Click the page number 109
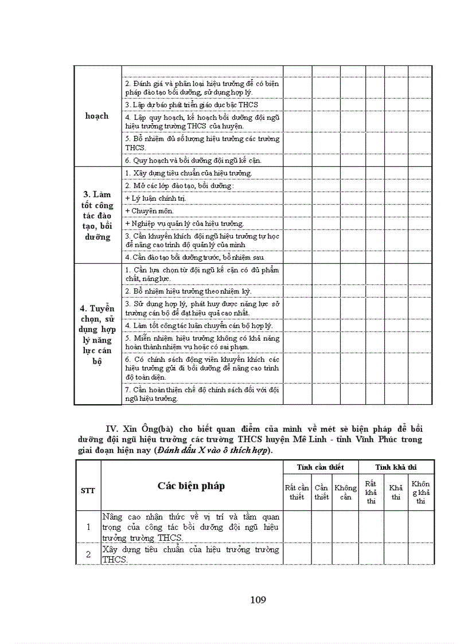coord(258,600)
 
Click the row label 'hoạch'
coord(96,116)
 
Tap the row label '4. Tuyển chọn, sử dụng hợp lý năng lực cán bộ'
coord(97,334)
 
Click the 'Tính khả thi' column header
coord(396,467)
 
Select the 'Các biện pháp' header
coord(191,486)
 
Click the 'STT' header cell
coord(88,490)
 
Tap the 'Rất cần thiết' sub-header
coord(297,492)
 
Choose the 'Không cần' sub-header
coord(345,492)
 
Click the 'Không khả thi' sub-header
coord(420,492)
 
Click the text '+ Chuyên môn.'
coord(145,211)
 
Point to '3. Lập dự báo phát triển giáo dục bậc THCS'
coord(192,105)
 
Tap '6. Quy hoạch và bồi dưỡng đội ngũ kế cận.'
coord(193,161)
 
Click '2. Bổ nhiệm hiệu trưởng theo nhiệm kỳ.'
coord(188,291)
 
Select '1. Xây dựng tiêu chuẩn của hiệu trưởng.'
coord(188,173)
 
